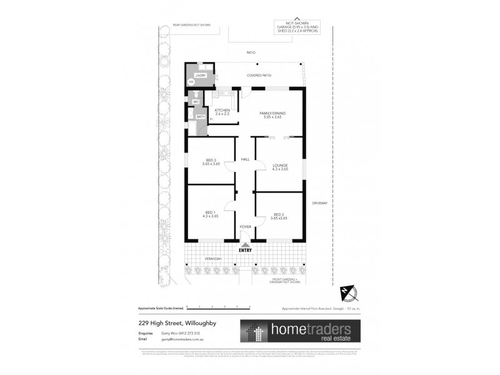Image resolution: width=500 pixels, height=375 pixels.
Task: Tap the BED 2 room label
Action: tap(280, 214)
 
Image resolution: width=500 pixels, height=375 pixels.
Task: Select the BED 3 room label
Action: tap(211, 161)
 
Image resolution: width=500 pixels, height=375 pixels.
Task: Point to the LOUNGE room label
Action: tap(280, 166)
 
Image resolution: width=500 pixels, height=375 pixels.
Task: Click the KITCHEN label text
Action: tap(222, 111)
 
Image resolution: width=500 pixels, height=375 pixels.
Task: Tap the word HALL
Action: tap(245, 159)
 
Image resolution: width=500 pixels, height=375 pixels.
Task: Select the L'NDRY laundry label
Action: tap(201, 76)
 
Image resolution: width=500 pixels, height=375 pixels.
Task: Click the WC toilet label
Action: tap(196, 101)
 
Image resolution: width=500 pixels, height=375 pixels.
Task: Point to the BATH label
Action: tap(201, 116)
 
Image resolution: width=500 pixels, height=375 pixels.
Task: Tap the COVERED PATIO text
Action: tap(259, 76)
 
